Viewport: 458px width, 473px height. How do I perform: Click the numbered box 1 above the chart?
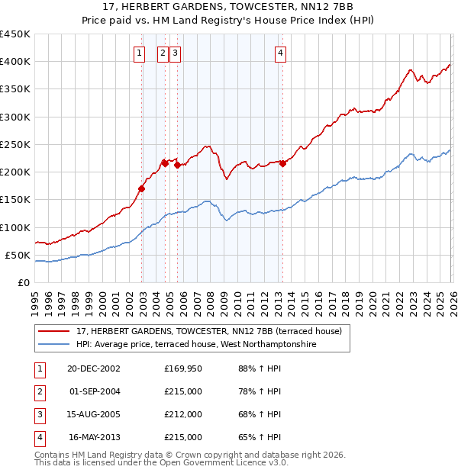point(140,53)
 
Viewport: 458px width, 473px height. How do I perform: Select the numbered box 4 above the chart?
point(281,53)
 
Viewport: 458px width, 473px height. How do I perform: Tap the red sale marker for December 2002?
point(142,188)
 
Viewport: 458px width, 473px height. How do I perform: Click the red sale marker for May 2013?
point(282,163)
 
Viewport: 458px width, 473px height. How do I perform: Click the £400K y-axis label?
point(15,62)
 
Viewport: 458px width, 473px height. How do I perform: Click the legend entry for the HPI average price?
point(196,344)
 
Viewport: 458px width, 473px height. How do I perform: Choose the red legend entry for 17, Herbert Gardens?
point(213,331)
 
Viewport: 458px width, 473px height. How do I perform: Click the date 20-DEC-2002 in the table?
point(93,368)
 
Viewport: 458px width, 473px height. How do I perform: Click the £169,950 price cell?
point(183,368)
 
